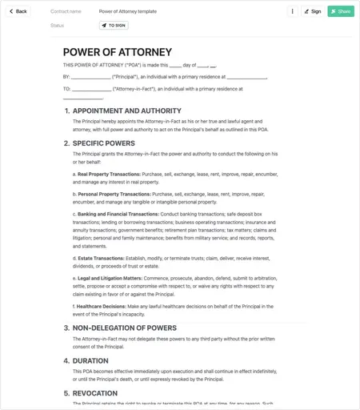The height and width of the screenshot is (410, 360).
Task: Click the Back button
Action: tap(18, 11)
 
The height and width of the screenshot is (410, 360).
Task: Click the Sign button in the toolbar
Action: tap(312, 11)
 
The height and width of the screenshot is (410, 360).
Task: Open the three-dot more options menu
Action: tap(292, 11)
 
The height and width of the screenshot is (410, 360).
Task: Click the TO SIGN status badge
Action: tap(114, 26)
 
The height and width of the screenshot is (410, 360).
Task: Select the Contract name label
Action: tap(66, 12)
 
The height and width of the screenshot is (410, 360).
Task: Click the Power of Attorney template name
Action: tap(128, 12)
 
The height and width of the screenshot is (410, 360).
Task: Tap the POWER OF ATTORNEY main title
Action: tap(117, 52)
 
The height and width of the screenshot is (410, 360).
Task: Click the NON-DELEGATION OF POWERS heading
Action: tap(124, 328)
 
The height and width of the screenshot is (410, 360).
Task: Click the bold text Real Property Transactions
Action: tap(109, 174)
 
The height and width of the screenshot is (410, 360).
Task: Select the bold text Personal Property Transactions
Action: tap(114, 194)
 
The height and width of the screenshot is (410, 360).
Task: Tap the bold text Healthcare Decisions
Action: tap(101, 306)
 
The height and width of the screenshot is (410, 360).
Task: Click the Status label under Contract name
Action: tap(57, 26)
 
